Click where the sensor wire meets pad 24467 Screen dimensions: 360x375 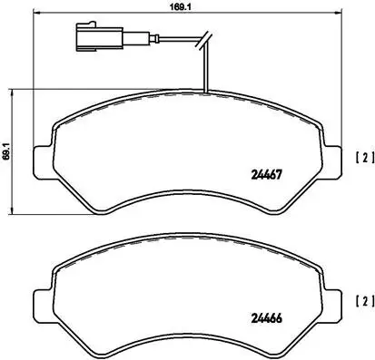[207, 92]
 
